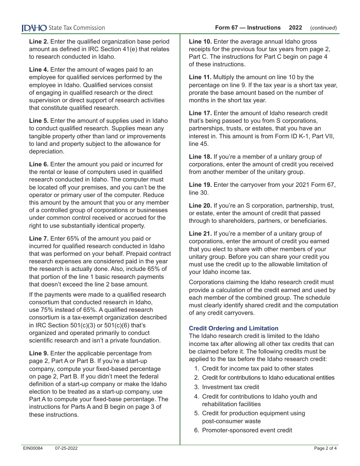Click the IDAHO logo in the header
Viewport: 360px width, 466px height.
tap(34, 28)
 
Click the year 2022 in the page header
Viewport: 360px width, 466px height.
tap(295, 28)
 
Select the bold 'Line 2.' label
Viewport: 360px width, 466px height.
tap(39, 42)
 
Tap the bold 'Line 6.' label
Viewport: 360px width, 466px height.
tap(39, 164)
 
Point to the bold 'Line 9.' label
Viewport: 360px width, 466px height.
tap(39, 353)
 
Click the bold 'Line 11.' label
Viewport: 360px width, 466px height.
tap(200, 77)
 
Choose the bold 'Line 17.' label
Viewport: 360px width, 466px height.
tap(200, 113)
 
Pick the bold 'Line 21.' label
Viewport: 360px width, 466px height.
tap(200, 234)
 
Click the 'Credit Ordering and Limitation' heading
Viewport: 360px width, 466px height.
tap(233, 328)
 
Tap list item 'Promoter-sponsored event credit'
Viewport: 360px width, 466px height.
tap(247, 430)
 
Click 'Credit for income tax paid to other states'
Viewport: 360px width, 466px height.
tap(258, 369)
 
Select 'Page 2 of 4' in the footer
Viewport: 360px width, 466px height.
tap(325, 449)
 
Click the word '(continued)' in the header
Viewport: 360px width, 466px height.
tap(323, 28)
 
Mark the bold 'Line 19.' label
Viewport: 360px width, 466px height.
tap(200, 185)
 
